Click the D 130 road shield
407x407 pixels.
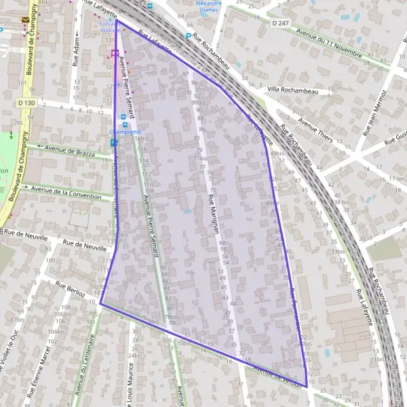26,102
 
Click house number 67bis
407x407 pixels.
17,319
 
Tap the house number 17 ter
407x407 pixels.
398,178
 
